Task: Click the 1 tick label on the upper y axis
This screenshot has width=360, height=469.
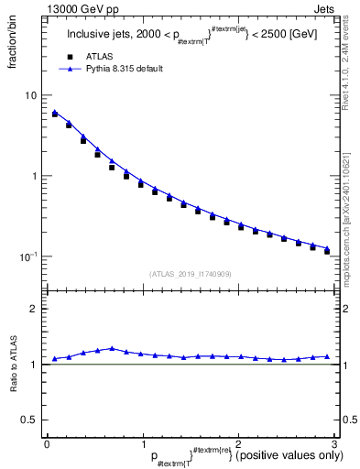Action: [x=34, y=176]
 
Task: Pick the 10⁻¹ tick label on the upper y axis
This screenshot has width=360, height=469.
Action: [x=28, y=256]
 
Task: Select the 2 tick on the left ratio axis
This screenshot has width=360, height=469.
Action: [x=34, y=309]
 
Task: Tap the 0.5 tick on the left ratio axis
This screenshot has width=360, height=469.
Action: [x=30, y=420]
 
